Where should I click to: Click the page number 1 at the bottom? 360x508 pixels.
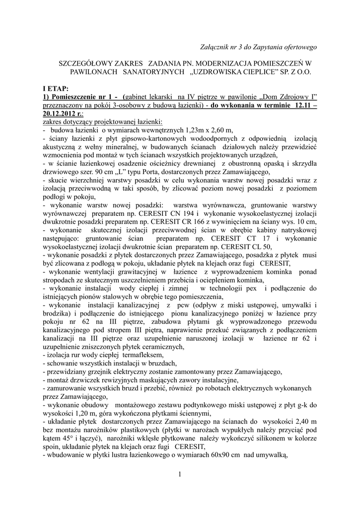(x=180, y=476)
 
